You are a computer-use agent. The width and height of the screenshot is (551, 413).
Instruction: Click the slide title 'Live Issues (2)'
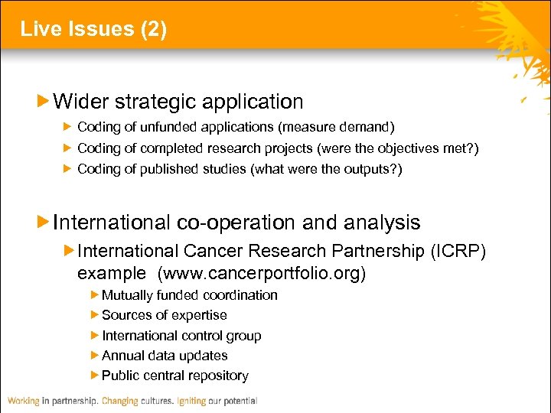coord(93,29)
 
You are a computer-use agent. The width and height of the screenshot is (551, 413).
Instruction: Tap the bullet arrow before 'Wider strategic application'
coord(44,101)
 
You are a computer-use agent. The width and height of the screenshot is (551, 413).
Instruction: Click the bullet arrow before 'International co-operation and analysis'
coord(44,223)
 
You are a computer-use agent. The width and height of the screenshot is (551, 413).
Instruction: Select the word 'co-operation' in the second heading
coord(236,223)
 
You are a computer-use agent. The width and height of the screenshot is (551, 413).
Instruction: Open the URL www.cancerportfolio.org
coord(262,273)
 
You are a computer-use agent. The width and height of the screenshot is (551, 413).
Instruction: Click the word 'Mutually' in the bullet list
coord(128,295)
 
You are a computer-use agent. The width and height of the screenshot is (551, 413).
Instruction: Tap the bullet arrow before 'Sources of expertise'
coord(95,315)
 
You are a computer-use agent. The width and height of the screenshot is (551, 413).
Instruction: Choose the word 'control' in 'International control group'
coord(201,336)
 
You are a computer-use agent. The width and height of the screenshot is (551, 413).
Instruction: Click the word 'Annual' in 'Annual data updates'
coord(122,356)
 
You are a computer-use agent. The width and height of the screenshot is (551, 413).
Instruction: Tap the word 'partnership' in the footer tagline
coord(73,401)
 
